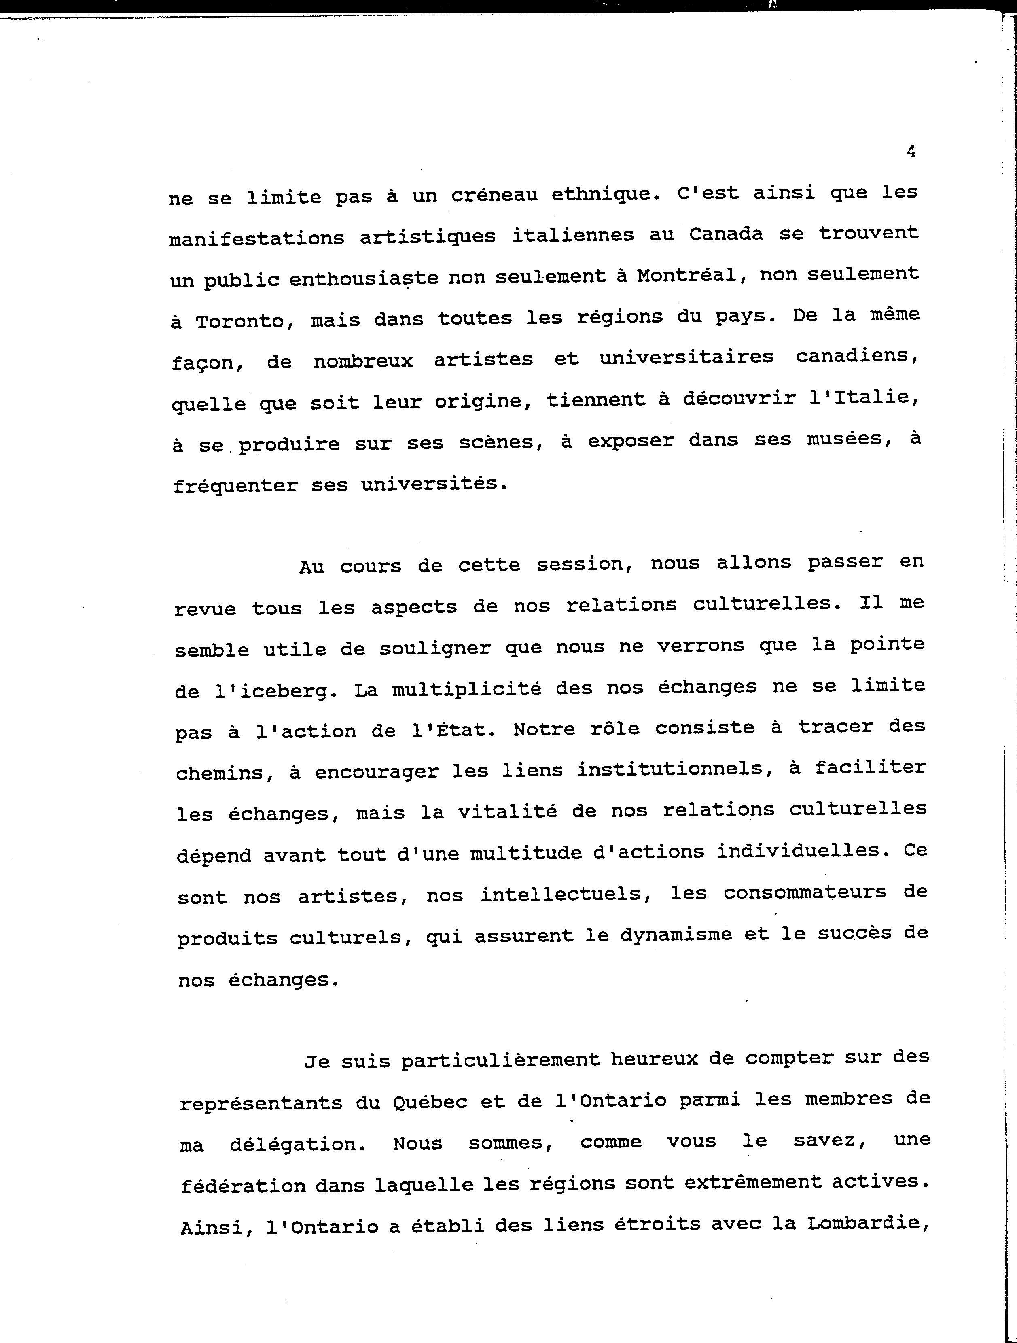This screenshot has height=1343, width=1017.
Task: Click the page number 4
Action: [910, 152]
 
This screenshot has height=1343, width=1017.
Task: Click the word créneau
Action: [494, 195]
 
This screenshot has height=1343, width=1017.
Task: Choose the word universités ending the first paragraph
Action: [433, 484]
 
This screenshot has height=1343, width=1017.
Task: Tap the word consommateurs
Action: [805, 892]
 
